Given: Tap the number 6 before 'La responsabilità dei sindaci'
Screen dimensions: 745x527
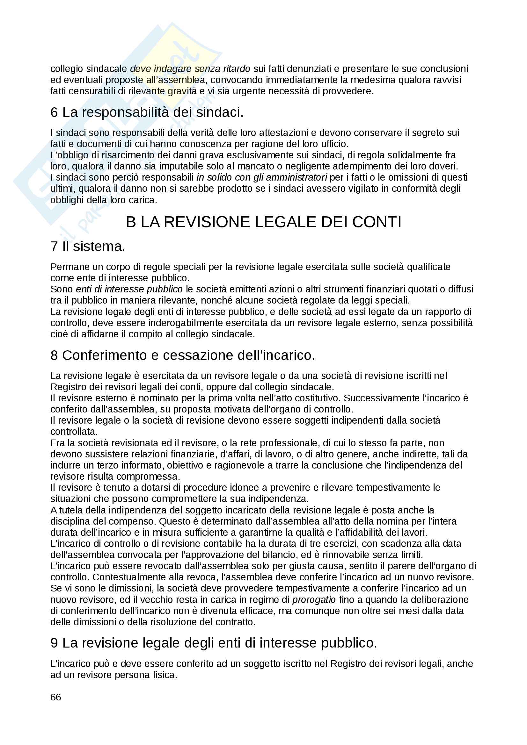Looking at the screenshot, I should click(x=54, y=112).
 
